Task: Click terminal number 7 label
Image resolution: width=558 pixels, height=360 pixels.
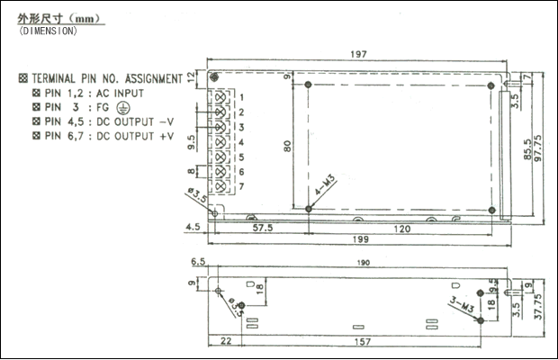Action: pos(241,185)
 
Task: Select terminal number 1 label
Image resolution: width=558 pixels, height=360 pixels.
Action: pos(241,96)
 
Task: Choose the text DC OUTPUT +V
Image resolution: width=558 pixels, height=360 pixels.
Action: pos(131,136)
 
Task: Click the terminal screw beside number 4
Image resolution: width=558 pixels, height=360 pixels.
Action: pos(218,141)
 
